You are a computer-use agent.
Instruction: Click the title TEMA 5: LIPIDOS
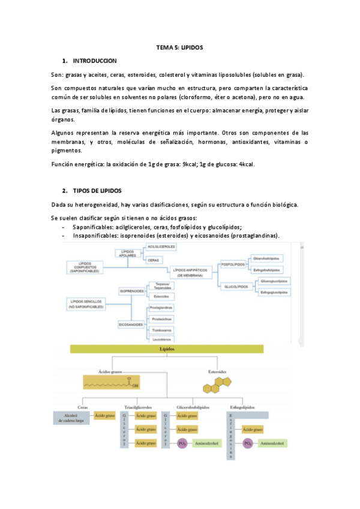179,47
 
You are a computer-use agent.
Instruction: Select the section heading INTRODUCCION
94,61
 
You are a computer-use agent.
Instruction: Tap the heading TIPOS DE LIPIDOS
97,190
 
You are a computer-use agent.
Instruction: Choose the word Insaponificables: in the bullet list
95,236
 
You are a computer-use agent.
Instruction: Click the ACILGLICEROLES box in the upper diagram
161,247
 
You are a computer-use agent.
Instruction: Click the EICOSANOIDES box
131,324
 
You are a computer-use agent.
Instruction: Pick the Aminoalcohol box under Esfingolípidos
271,443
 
